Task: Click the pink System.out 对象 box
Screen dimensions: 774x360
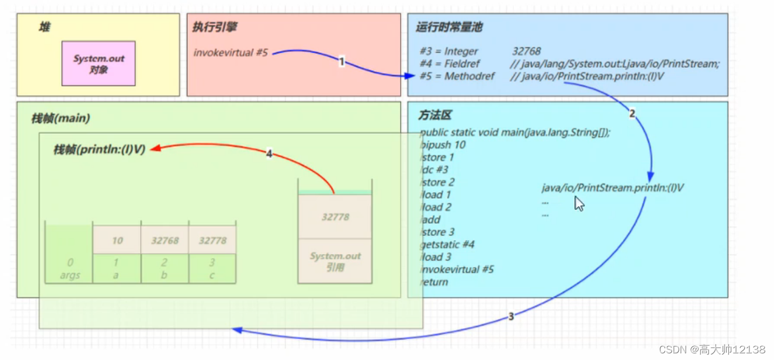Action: pos(98,63)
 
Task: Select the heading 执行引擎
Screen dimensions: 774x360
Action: pos(215,27)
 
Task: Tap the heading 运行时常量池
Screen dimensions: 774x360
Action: pos(445,28)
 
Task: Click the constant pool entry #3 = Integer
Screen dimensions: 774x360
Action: pos(449,52)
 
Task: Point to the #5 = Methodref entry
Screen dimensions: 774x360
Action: pos(457,77)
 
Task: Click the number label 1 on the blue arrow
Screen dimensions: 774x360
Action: pos(342,62)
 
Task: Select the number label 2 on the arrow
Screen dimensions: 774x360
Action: pos(632,114)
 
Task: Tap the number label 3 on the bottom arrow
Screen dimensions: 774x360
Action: pos(511,317)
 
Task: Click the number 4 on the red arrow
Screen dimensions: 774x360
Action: pos(269,154)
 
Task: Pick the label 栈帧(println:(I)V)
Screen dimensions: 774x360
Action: pos(99,150)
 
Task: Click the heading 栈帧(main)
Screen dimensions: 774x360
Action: pos(61,118)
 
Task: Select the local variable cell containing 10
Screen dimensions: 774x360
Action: pos(117,241)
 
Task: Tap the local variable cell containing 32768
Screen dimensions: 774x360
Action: pos(164,241)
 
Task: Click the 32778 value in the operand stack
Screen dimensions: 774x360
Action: pos(335,217)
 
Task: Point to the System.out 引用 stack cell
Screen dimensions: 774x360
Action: pos(335,262)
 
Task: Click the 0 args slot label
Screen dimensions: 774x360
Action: pos(69,269)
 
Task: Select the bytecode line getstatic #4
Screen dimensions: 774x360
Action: pos(448,244)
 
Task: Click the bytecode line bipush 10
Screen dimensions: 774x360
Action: pos(443,145)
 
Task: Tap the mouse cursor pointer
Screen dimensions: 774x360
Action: pos(579,203)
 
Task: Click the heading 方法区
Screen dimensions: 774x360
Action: pos(435,116)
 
